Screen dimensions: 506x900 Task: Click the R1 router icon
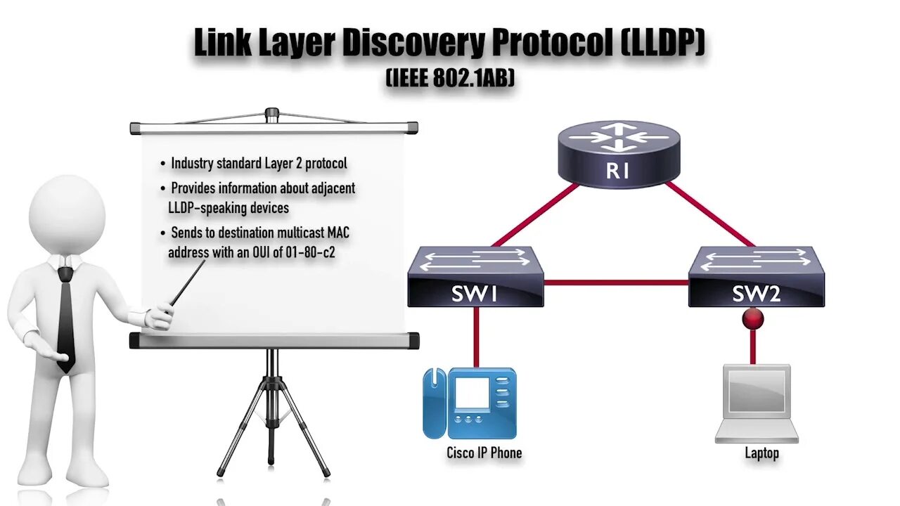(619, 155)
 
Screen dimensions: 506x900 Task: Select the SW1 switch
(475, 278)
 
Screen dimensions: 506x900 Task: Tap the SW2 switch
(756, 278)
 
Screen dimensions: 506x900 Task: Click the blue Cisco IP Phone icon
(470, 403)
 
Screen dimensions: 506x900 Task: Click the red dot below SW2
(753, 320)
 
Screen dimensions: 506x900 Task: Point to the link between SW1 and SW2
(615, 283)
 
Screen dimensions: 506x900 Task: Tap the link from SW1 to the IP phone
(476, 337)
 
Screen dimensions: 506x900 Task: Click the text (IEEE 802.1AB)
(450, 78)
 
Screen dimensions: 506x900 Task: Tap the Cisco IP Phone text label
(484, 453)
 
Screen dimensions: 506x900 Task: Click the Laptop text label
(761, 453)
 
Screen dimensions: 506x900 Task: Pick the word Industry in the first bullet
(191, 164)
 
